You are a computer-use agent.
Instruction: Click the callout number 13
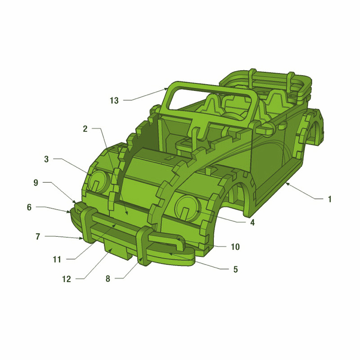click(114, 100)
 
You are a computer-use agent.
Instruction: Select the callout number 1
click(330, 199)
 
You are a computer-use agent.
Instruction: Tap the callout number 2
click(85, 129)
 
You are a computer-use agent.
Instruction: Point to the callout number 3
click(46, 159)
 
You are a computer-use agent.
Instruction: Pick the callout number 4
click(252, 222)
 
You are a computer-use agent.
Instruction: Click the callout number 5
click(235, 269)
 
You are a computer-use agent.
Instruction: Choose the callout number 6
click(29, 207)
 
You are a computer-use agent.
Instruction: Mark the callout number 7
click(38, 236)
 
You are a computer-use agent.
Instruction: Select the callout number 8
click(108, 279)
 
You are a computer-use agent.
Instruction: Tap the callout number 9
click(36, 183)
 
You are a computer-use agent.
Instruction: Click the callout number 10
click(235, 247)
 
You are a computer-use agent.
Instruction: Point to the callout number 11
click(57, 260)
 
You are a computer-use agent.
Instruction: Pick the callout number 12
click(66, 279)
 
